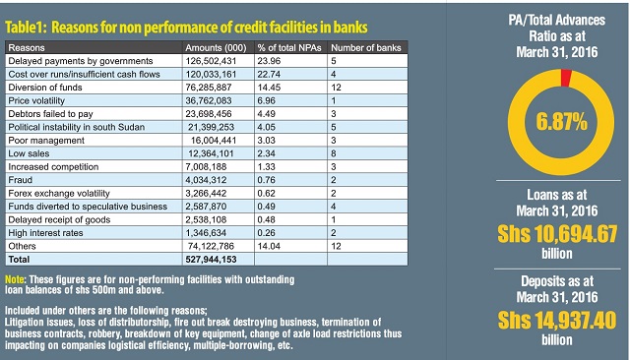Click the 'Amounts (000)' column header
tap(216, 48)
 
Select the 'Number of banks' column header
tap(366, 48)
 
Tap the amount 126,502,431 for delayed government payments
tap(211, 61)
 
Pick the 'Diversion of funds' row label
tap(45, 88)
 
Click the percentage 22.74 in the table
tap(269, 74)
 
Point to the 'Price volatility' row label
tap(36, 100)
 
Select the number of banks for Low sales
tap(334, 153)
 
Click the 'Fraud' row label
tap(20, 180)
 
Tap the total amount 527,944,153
tap(211, 260)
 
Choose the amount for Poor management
tap(214, 141)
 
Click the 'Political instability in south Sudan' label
tap(77, 127)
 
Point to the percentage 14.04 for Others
tap(269, 247)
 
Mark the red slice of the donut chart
tap(566, 78)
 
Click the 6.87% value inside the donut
tap(561, 122)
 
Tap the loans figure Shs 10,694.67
tap(557, 234)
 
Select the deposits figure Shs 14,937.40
tap(557, 321)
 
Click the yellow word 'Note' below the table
tap(15, 279)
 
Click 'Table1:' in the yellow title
tap(27, 28)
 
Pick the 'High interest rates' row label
tap(45, 233)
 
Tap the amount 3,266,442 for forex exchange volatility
tap(206, 194)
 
